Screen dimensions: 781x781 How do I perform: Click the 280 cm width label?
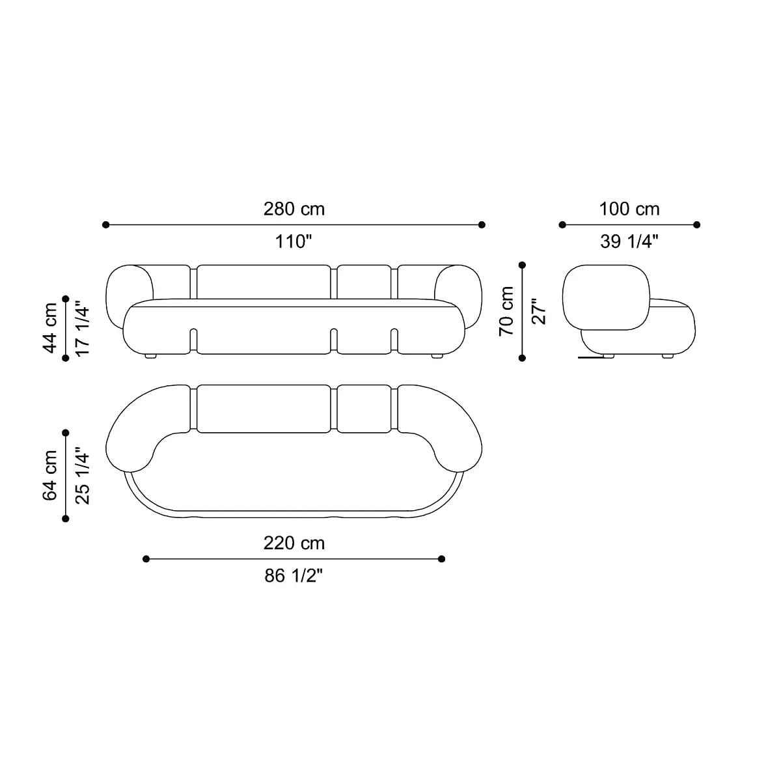[294, 209]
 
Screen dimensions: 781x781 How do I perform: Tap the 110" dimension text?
[294, 241]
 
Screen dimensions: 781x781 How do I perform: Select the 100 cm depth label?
[629, 209]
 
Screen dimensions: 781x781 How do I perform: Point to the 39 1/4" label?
[629, 241]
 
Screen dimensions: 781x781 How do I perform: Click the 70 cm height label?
[506, 311]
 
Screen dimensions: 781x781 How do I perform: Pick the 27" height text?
[539, 312]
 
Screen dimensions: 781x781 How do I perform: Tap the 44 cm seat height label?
[50, 328]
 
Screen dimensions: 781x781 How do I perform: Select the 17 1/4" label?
[82, 328]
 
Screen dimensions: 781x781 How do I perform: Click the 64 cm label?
[50, 475]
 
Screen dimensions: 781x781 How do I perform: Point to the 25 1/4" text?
[82, 476]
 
